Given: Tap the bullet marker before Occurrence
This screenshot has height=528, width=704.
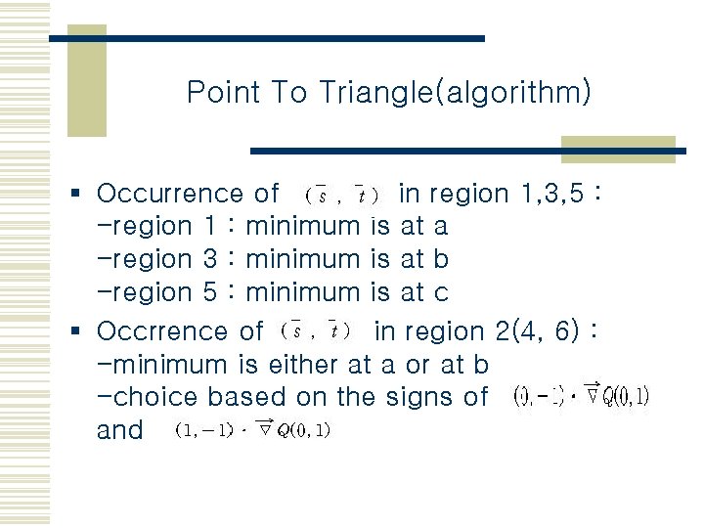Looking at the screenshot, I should point(84,195).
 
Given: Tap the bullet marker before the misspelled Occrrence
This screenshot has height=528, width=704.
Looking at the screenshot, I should point(84,332).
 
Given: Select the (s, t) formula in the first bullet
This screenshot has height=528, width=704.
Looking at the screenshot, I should point(341,196).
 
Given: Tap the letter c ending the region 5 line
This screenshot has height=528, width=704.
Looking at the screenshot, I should point(441,291).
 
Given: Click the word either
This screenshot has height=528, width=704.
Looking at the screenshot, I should point(300,365).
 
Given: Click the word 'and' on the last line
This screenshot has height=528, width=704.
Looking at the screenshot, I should point(120,430).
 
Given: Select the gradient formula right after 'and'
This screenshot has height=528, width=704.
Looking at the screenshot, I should point(252,431).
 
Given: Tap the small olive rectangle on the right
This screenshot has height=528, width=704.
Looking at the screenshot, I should point(618,148).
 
